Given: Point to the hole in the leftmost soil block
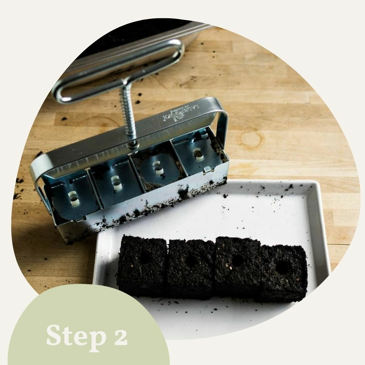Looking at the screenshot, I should coord(145,258).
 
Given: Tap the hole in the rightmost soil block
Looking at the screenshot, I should coord(282,268).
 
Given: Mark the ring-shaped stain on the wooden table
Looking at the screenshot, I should coord(250,139).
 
